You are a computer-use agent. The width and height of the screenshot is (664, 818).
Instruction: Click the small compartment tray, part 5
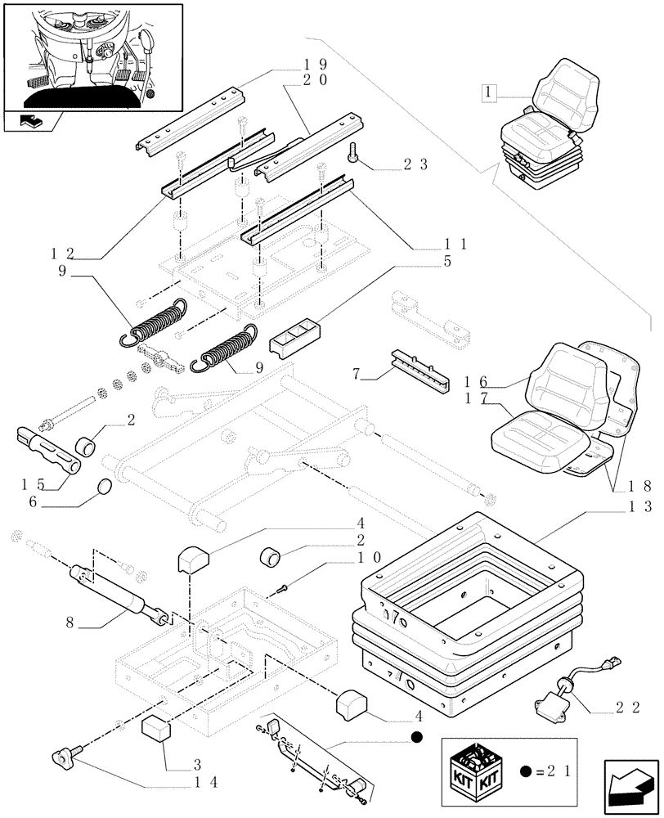[x=295, y=335]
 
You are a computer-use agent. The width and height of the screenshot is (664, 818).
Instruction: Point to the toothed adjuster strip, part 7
[x=420, y=370]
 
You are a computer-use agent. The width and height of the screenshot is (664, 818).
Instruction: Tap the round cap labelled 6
[x=103, y=488]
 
